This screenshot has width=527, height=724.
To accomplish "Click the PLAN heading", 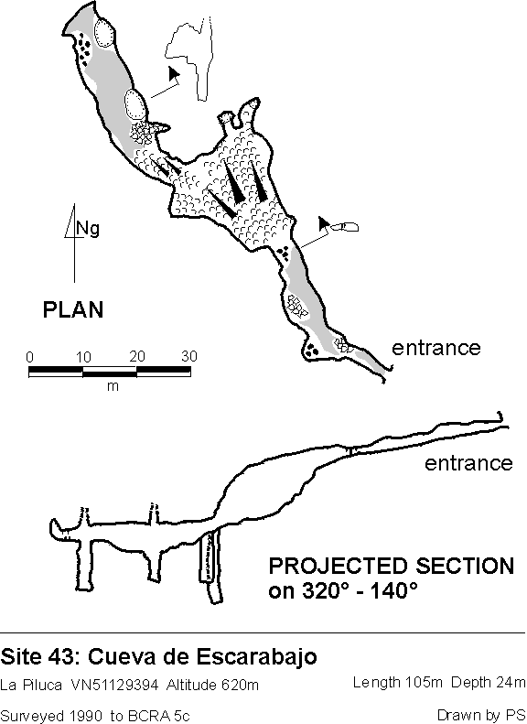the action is coord(73,309).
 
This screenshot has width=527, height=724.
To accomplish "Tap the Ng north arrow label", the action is coord(88,229).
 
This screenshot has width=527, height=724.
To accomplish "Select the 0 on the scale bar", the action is coord(29,357).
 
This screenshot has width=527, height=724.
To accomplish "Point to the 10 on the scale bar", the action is coord(83,357).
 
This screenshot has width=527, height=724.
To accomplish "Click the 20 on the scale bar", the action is coord(137,356).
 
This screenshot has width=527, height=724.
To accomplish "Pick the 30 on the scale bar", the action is coord(189,356).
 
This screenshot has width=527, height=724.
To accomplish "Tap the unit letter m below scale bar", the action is coord(113,386).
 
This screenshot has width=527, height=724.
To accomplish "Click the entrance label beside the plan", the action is coord(436,347).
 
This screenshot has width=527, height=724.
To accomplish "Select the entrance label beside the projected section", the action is coord(468,462).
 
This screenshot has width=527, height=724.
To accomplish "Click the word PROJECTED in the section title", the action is coord(339,566).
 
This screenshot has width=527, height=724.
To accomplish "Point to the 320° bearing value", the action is coord(321,590).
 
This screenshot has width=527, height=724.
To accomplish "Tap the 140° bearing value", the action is coord(399,590).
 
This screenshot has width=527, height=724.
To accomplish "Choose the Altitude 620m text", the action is coord(212,684).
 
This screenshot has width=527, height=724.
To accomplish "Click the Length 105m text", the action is coord(398,682).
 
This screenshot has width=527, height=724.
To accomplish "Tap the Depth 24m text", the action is coord(489,682).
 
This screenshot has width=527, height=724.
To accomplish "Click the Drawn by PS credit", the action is coord(481,716).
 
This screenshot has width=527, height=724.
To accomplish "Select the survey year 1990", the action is coord(87,716).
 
